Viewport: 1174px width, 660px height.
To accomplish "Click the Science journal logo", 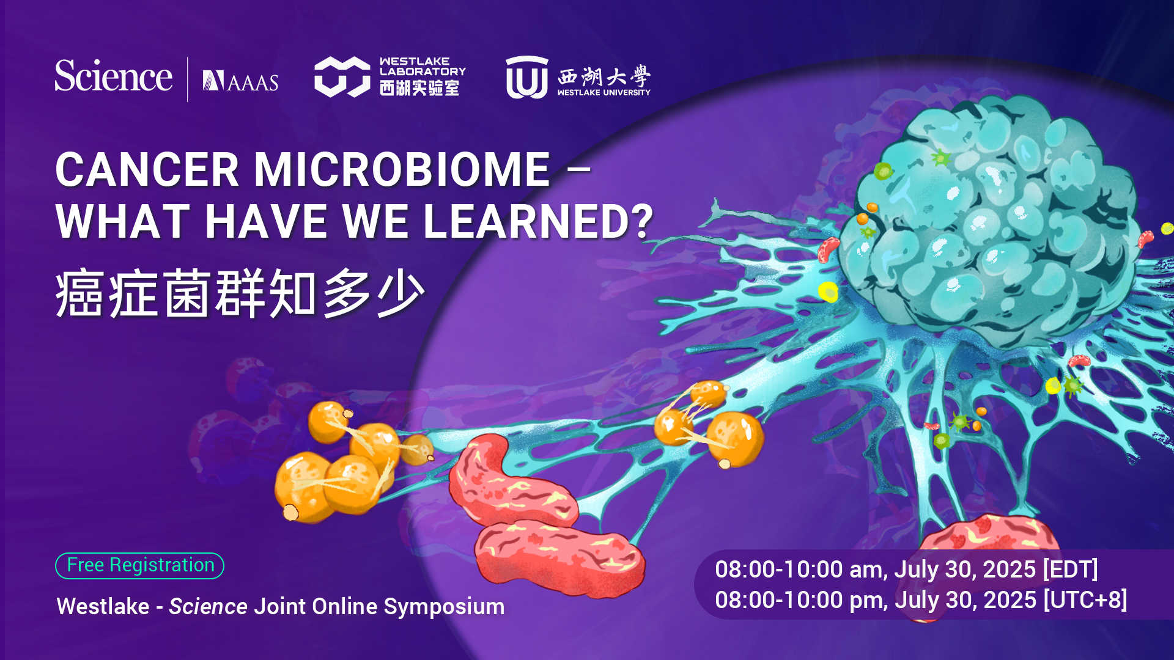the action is pos(114,76).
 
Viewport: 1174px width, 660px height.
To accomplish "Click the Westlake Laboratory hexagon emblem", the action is pos(342,77).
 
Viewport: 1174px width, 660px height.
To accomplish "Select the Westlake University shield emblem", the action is pos(527,78).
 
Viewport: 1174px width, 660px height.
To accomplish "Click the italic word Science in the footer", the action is pos(208,606).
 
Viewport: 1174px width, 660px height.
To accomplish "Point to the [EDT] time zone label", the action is pos(1070,570).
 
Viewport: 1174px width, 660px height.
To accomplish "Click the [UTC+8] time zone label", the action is pos(1085,600).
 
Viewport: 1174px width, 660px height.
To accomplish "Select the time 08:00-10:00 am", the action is pos(799,570).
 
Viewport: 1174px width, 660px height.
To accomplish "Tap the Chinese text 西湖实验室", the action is pos(419,88).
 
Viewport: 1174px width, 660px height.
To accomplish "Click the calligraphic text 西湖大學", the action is pos(604,76).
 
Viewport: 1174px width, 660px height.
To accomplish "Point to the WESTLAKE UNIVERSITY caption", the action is pos(604,93).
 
